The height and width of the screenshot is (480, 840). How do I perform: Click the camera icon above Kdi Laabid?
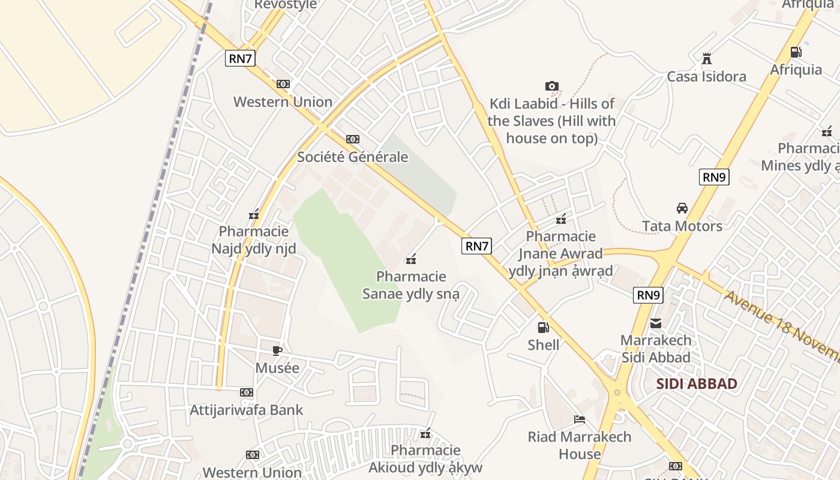tap(552, 86)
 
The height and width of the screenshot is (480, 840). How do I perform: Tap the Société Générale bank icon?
tap(353, 139)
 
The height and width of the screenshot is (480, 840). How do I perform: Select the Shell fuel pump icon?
tap(543, 328)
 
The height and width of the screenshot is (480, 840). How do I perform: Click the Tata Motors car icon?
tap(682, 208)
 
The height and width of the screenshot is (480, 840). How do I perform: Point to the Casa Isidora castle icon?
tap(707, 59)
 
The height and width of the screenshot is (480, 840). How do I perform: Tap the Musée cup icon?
tap(277, 350)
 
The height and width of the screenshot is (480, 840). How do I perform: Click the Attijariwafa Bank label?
tap(247, 410)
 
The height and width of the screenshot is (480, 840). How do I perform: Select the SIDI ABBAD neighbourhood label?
tap(697, 384)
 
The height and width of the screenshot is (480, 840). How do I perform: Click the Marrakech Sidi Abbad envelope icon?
tap(656, 323)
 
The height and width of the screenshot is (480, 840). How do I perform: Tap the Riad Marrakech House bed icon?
tap(580, 419)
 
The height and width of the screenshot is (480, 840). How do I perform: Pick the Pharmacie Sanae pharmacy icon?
tap(412, 259)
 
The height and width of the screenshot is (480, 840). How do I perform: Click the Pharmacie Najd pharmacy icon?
tap(254, 214)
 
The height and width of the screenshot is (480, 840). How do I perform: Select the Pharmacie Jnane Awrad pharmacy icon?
tap(561, 219)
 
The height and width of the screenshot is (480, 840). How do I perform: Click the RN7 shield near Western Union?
tap(241, 58)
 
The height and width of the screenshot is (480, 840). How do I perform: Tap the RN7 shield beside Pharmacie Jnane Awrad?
tap(477, 245)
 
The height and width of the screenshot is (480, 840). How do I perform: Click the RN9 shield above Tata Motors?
tap(714, 177)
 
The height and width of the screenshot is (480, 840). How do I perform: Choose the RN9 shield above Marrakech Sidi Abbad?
tap(649, 295)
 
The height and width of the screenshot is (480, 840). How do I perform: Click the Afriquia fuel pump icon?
tap(796, 52)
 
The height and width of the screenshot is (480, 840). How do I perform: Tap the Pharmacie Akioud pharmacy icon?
tap(426, 433)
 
